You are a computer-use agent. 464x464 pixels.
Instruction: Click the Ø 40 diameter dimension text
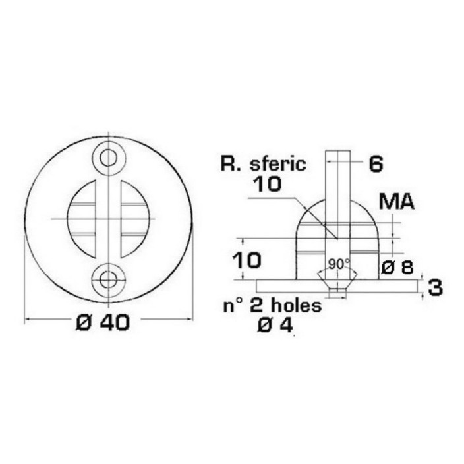[x=103, y=322]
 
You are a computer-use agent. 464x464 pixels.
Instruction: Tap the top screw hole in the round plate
[x=108, y=158]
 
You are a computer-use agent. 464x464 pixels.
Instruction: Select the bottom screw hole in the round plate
[x=108, y=279]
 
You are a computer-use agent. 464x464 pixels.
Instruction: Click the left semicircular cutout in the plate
[x=82, y=219]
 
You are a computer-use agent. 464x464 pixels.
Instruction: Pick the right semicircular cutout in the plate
[x=135, y=219]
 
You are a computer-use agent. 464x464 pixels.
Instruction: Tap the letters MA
[x=397, y=202]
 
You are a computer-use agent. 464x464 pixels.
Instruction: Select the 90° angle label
[x=339, y=264]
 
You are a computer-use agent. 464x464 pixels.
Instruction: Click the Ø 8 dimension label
[x=397, y=268]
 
